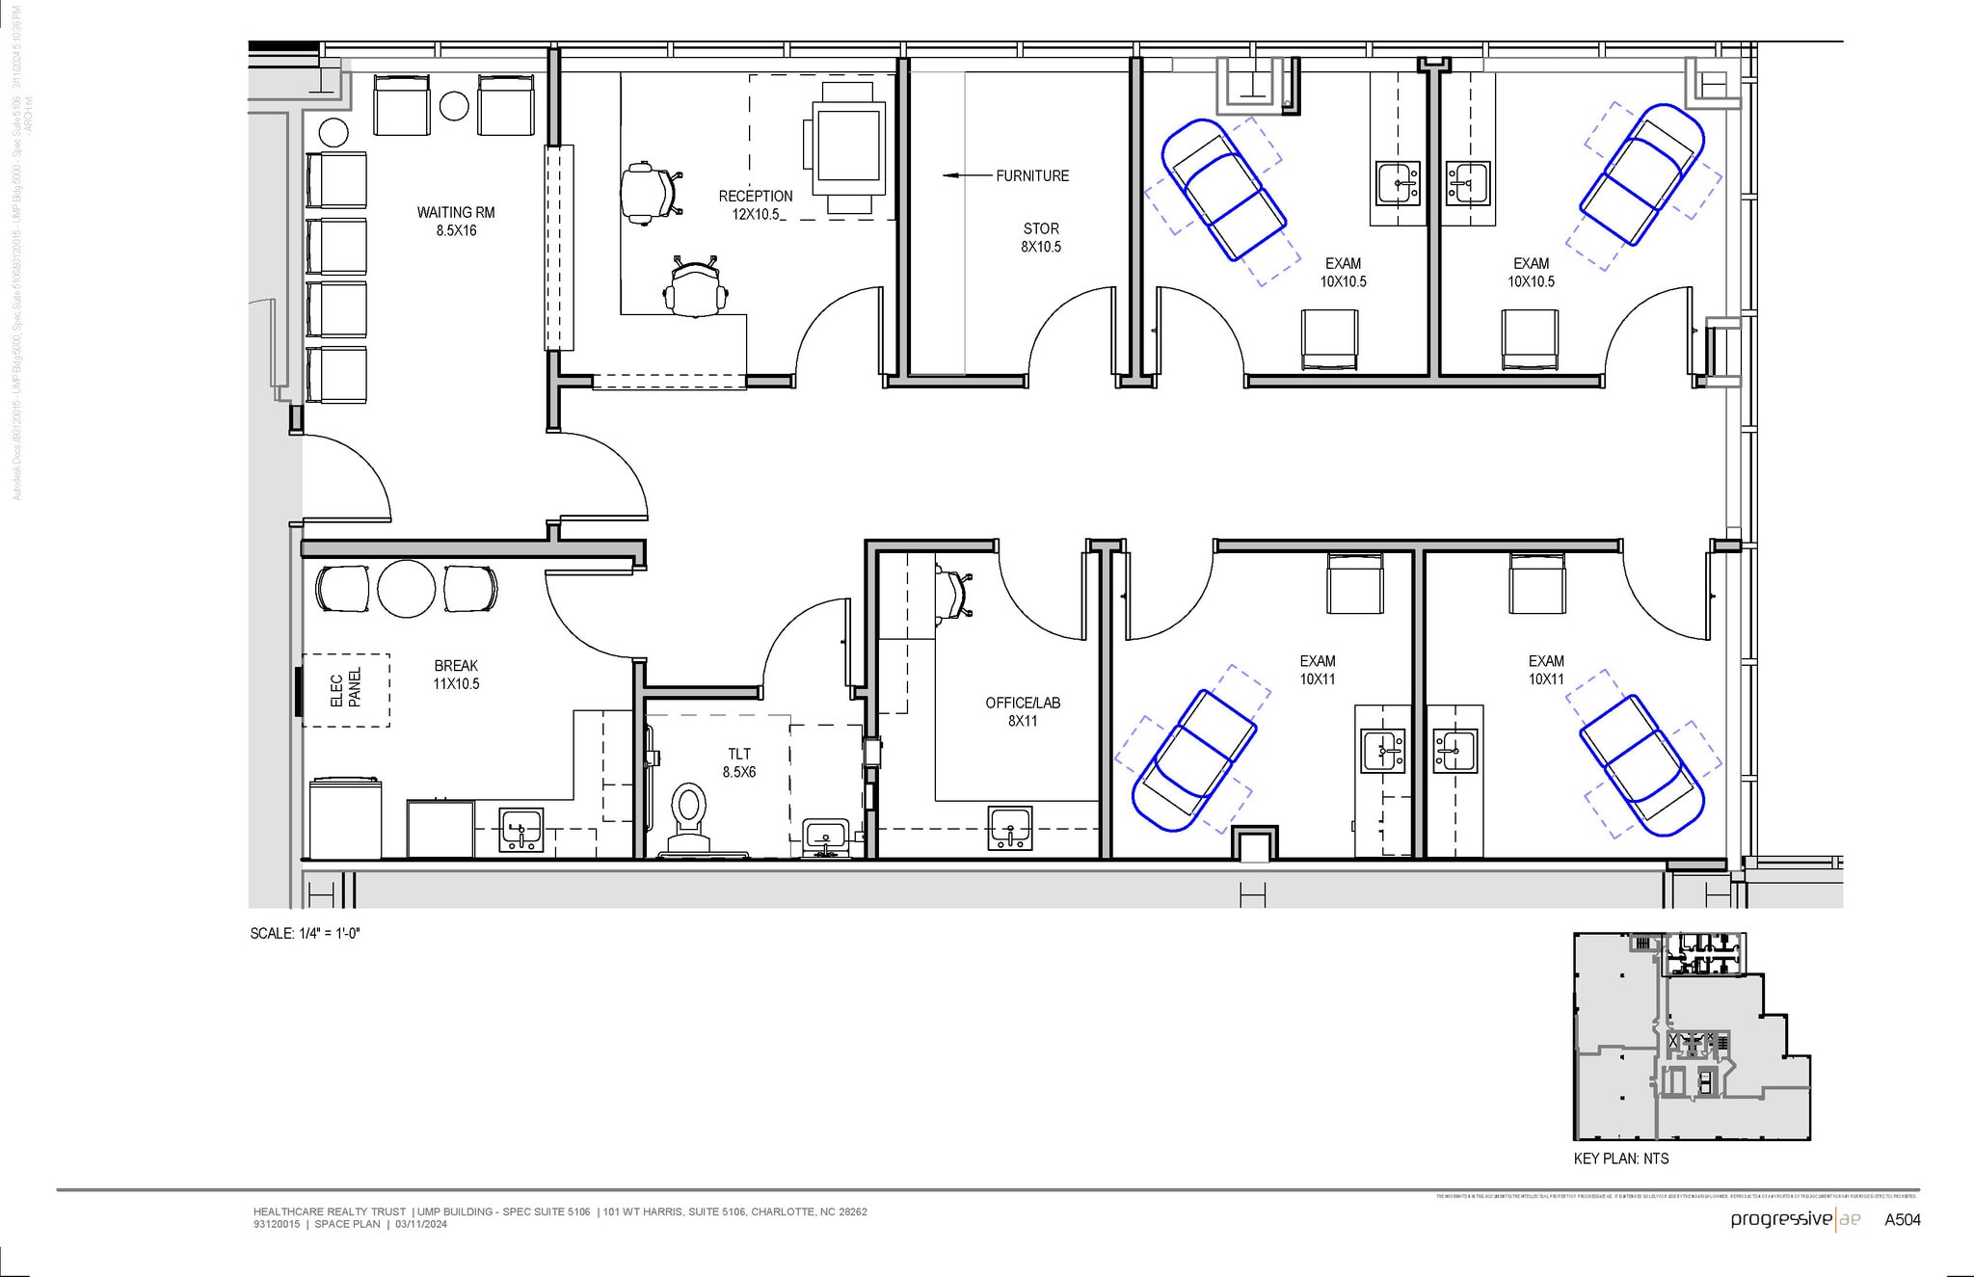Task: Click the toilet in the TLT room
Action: coord(688,814)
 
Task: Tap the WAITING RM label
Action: coord(456,221)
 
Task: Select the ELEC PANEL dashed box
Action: coord(346,689)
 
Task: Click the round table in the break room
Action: coord(407,589)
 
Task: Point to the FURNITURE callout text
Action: coord(1032,176)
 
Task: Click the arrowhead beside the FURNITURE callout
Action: coord(950,176)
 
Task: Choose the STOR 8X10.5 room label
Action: coord(1041,237)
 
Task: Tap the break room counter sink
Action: coord(521,830)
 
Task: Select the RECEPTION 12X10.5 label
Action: coord(755,204)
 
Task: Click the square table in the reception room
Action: coord(848,146)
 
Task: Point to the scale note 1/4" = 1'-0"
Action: coord(305,933)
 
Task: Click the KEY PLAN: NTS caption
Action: coord(1621,1158)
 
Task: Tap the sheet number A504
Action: coord(1902,1220)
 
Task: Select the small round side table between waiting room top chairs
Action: coord(454,106)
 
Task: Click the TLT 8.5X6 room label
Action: coord(739,762)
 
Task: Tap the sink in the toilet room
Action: coord(825,835)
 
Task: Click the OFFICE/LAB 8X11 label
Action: coord(1023,711)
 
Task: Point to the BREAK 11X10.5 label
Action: coord(456,675)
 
